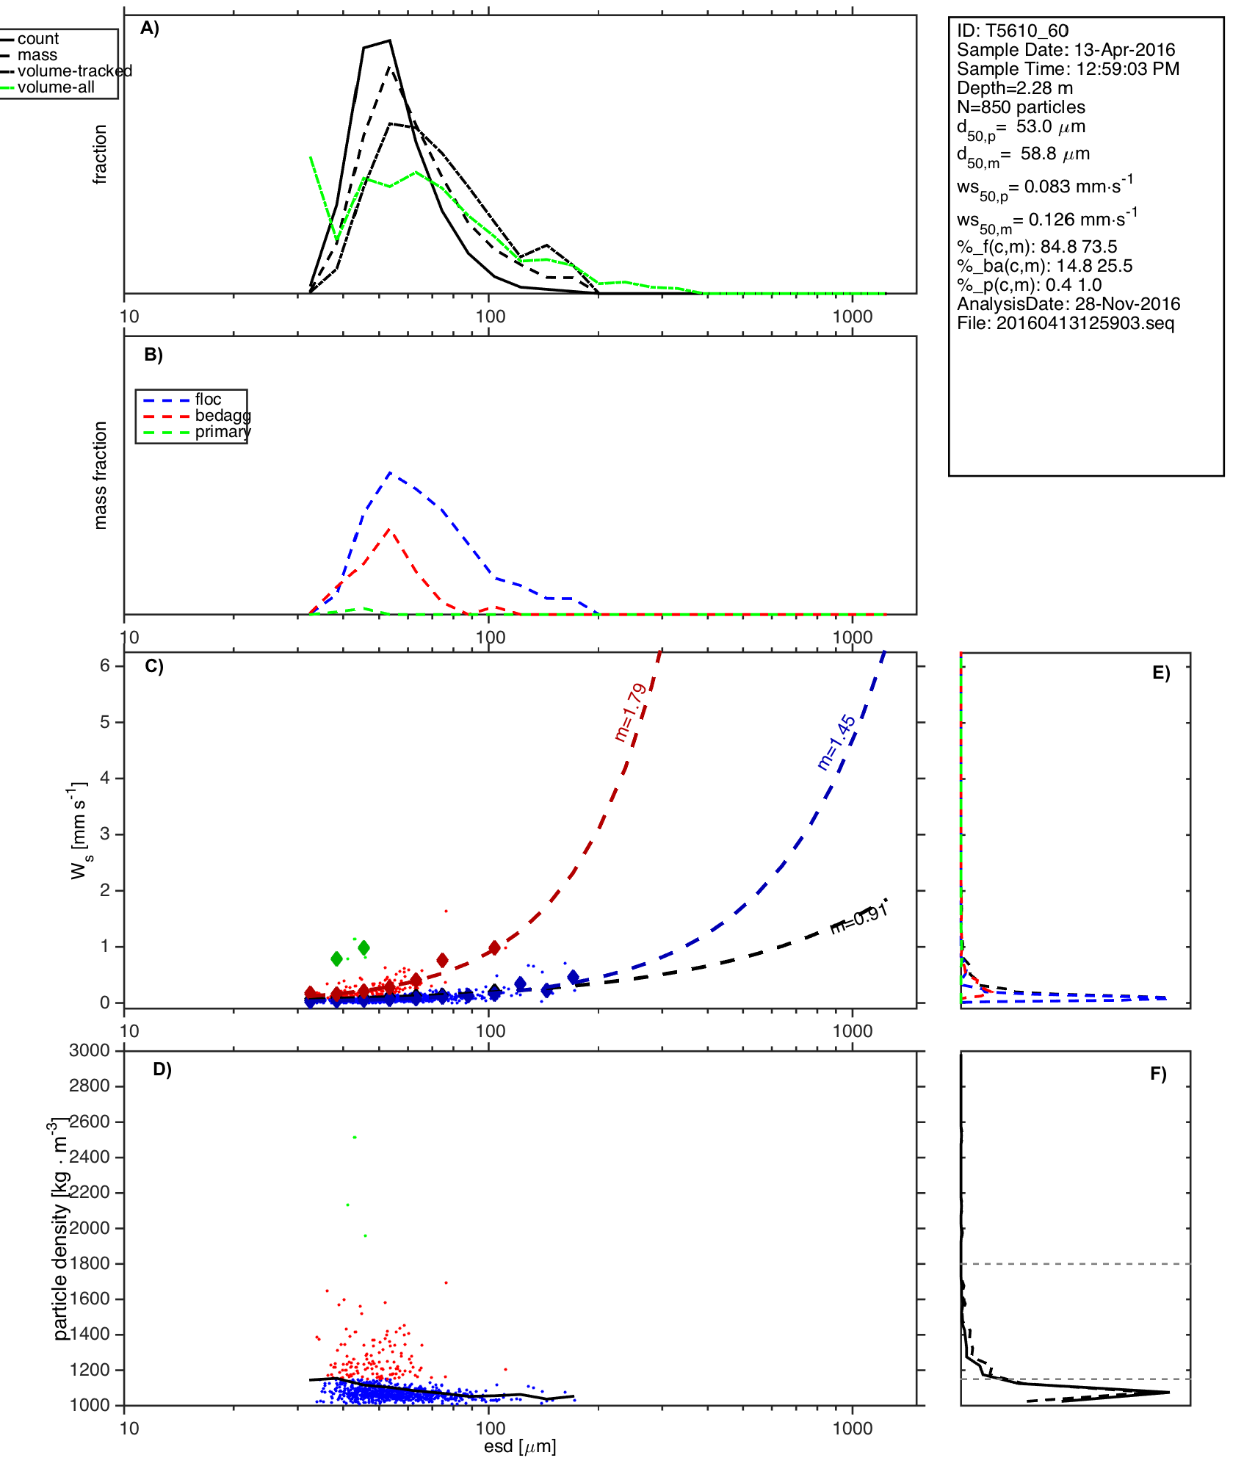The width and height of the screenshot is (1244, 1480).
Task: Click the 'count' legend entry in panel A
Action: click(37, 39)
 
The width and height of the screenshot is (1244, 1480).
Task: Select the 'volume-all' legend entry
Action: click(56, 87)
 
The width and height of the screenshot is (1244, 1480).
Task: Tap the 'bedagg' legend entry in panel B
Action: click(223, 416)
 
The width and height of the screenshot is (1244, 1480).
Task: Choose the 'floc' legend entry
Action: click(208, 400)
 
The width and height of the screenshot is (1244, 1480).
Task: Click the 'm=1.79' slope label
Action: click(631, 712)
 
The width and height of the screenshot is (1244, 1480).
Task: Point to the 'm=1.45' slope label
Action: click(836, 742)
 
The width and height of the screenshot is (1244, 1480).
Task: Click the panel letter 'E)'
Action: click(1160, 673)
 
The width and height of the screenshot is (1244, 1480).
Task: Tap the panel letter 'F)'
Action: click(1158, 1074)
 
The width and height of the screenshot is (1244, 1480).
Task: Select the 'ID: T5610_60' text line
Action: click(1012, 31)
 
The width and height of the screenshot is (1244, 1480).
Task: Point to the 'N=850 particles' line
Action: click(1021, 107)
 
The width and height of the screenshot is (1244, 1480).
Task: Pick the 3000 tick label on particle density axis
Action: click(90, 1050)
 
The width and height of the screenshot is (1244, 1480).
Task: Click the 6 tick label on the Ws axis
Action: click(105, 665)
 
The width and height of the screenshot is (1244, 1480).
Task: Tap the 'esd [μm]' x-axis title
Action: click(520, 1446)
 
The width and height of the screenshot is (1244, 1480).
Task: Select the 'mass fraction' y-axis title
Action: click(101, 475)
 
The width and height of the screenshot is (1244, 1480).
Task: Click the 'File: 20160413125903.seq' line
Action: click(1065, 323)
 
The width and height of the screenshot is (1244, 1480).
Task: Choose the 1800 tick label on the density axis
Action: click(90, 1263)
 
